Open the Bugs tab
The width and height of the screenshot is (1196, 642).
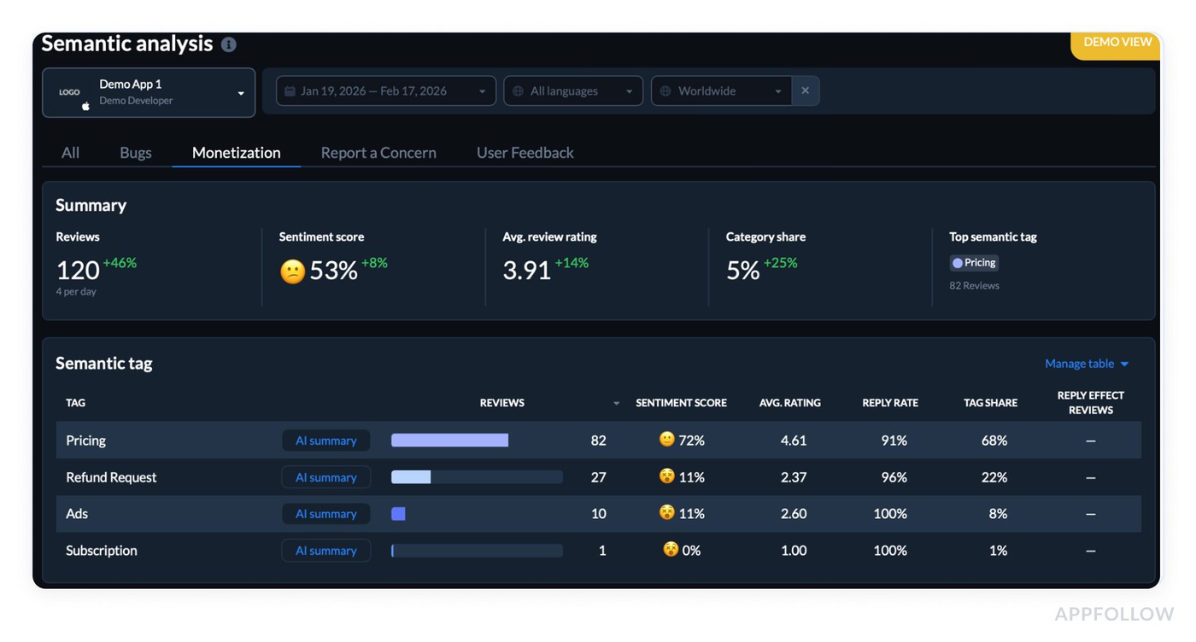(x=135, y=153)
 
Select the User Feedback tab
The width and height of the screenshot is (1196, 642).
(x=525, y=153)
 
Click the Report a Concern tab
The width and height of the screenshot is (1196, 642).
(x=378, y=153)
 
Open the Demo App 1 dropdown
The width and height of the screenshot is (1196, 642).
(x=149, y=92)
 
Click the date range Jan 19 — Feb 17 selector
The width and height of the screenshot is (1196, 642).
(x=385, y=91)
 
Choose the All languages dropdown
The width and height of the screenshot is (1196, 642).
(x=573, y=91)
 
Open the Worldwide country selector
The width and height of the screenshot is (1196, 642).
(x=720, y=91)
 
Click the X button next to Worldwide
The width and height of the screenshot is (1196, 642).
(x=805, y=91)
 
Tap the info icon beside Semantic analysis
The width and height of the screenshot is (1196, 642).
(x=229, y=44)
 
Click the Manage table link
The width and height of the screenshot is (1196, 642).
(x=1086, y=364)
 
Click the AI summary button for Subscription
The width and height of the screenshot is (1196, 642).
(x=325, y=551)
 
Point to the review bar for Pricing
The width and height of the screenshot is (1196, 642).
(x=449, y=441)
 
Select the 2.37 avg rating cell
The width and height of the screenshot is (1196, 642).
(x=793, y=477)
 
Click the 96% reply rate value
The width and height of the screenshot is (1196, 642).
(x=894, y=477)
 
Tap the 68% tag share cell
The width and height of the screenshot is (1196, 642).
(x=994, y=441)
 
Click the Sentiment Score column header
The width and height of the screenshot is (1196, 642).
(x=681, y=403)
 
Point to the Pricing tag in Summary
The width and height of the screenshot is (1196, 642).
(x=974, y=263)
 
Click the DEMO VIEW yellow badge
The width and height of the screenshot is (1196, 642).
(x=1117, y=43)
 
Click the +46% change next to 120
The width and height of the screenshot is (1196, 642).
(x=120, y=263)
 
